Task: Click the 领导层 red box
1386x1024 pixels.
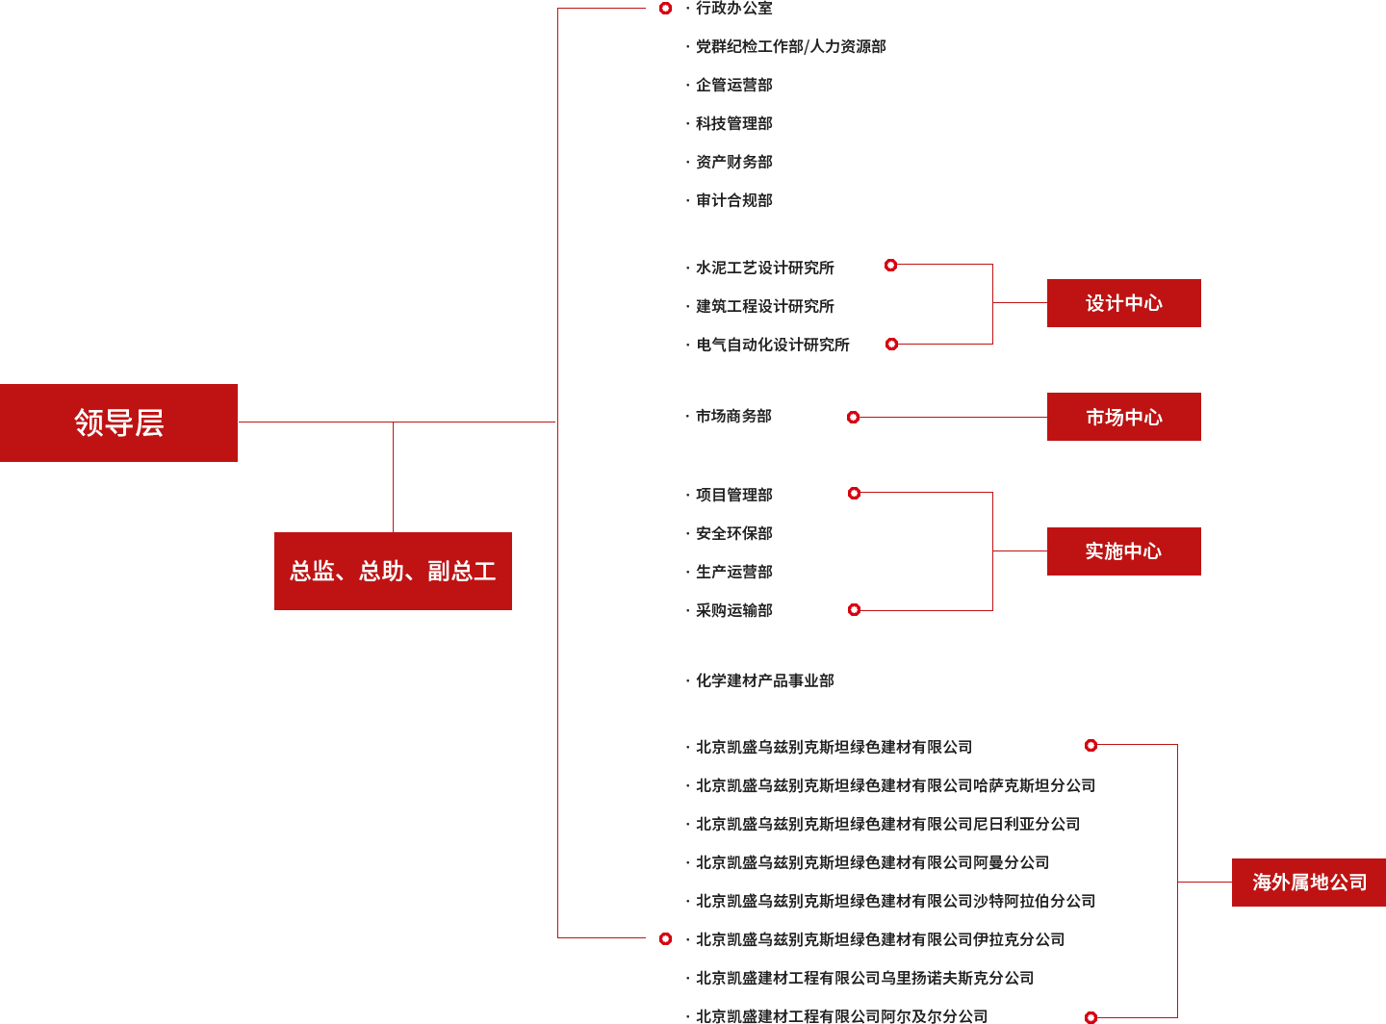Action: point(119,422)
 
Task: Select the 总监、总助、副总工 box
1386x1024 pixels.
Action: point(393,571)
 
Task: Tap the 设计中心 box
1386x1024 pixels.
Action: point(1123,303)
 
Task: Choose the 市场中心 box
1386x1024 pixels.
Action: point(1123,417)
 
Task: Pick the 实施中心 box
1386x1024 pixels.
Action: point(1123,551)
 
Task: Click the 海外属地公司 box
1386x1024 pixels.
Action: point(1308,883)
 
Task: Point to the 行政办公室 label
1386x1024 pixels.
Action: point(733,9)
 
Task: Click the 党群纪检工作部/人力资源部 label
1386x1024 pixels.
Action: point(790,46)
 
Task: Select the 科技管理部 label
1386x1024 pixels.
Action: point(733,123)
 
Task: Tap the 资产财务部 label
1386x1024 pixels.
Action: point(733,162)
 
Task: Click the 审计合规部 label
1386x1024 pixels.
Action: point(733,200)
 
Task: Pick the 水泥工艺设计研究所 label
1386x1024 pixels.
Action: point(765,268)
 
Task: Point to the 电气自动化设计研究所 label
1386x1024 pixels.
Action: point(772,345)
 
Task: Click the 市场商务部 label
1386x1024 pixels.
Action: point(733,417)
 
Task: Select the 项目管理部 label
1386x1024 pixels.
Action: point(733,496)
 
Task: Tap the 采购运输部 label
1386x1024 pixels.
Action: point(733,610)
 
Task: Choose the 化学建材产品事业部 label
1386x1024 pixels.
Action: point(764,680)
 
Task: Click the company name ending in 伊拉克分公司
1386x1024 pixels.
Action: point(880,939)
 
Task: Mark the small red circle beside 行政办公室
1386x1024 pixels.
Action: point(665,9)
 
